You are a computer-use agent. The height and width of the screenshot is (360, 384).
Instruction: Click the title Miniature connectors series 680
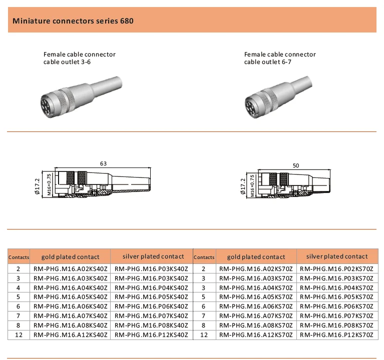73,21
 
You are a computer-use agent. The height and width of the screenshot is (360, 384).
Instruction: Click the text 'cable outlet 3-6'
67,62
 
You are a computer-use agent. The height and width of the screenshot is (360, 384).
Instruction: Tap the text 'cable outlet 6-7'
268,62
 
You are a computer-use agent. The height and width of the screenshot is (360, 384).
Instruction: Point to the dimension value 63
103,163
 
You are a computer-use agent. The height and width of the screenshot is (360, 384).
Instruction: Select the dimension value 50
296,165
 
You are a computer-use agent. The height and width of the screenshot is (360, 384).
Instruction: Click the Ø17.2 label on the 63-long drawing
37,186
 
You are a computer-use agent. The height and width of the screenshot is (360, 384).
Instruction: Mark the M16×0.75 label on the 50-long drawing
252,186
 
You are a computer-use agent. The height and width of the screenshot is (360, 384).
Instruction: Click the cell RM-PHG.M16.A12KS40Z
70,335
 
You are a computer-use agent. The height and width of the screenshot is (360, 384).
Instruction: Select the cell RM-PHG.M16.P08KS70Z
337,325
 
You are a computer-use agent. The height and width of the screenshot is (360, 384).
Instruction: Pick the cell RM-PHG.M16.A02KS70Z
256,269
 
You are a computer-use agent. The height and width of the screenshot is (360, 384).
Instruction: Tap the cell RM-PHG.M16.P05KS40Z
152,297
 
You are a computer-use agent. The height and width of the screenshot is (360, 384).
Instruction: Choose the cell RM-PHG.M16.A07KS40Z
70,316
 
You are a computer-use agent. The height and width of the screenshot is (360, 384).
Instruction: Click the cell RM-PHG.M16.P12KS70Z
337,335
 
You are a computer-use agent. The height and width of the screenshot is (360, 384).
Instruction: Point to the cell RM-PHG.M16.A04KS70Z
256,288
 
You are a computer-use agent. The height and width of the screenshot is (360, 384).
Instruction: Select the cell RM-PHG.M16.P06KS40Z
152,306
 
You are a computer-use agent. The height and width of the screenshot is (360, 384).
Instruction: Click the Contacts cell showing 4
19,288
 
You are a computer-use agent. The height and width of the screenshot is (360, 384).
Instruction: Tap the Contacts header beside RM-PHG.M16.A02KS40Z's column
19,257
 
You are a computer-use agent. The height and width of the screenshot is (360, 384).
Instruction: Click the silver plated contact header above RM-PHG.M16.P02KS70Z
337,256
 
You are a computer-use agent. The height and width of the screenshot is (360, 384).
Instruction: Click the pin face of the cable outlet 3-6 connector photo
47,105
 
